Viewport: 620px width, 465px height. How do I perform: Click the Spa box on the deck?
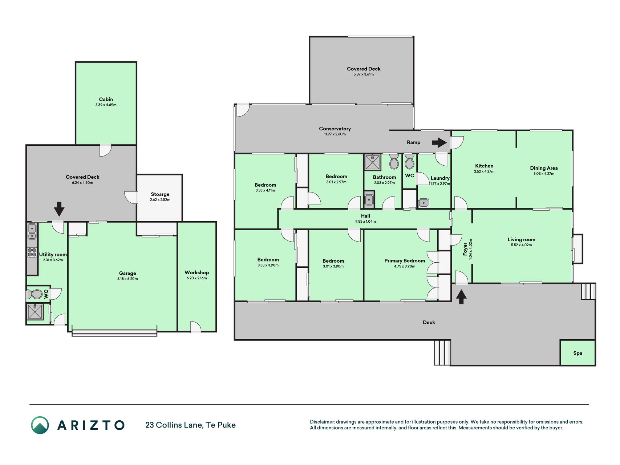(x=578, y=353)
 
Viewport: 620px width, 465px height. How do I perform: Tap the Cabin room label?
(x=106, y=99)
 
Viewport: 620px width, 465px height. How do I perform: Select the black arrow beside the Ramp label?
(x=439, y=142)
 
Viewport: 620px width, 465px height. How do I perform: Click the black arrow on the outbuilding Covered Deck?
(x=59, y=209)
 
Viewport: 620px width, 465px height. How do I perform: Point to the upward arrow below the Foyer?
(x=461, y=296)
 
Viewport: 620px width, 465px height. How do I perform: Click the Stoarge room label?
(x=160, y=194)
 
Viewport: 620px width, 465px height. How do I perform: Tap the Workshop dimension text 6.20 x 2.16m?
(x=196, y=278)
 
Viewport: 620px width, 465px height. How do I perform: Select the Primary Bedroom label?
(x=405, y=261)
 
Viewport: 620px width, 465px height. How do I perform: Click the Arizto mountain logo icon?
(x=40, y=425)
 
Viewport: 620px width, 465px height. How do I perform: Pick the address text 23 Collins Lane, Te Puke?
(x=190, y=425)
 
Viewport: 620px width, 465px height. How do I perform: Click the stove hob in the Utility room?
(x=32, y=252)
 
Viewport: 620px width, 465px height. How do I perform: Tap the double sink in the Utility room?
(x=32, y=231)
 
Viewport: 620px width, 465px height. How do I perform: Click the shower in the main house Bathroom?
(x=373, y=162)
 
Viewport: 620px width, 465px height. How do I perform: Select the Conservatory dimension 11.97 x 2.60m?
(x=335, y=134)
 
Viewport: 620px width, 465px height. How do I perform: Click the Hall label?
(x=365, y=216)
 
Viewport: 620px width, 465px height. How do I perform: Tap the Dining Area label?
(x=544, y=168)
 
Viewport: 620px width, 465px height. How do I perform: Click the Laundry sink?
(x=424, y=203)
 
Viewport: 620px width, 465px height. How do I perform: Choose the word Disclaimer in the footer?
(x=322, y=422)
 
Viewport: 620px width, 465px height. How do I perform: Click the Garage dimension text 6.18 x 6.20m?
(x=127, y=279)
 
